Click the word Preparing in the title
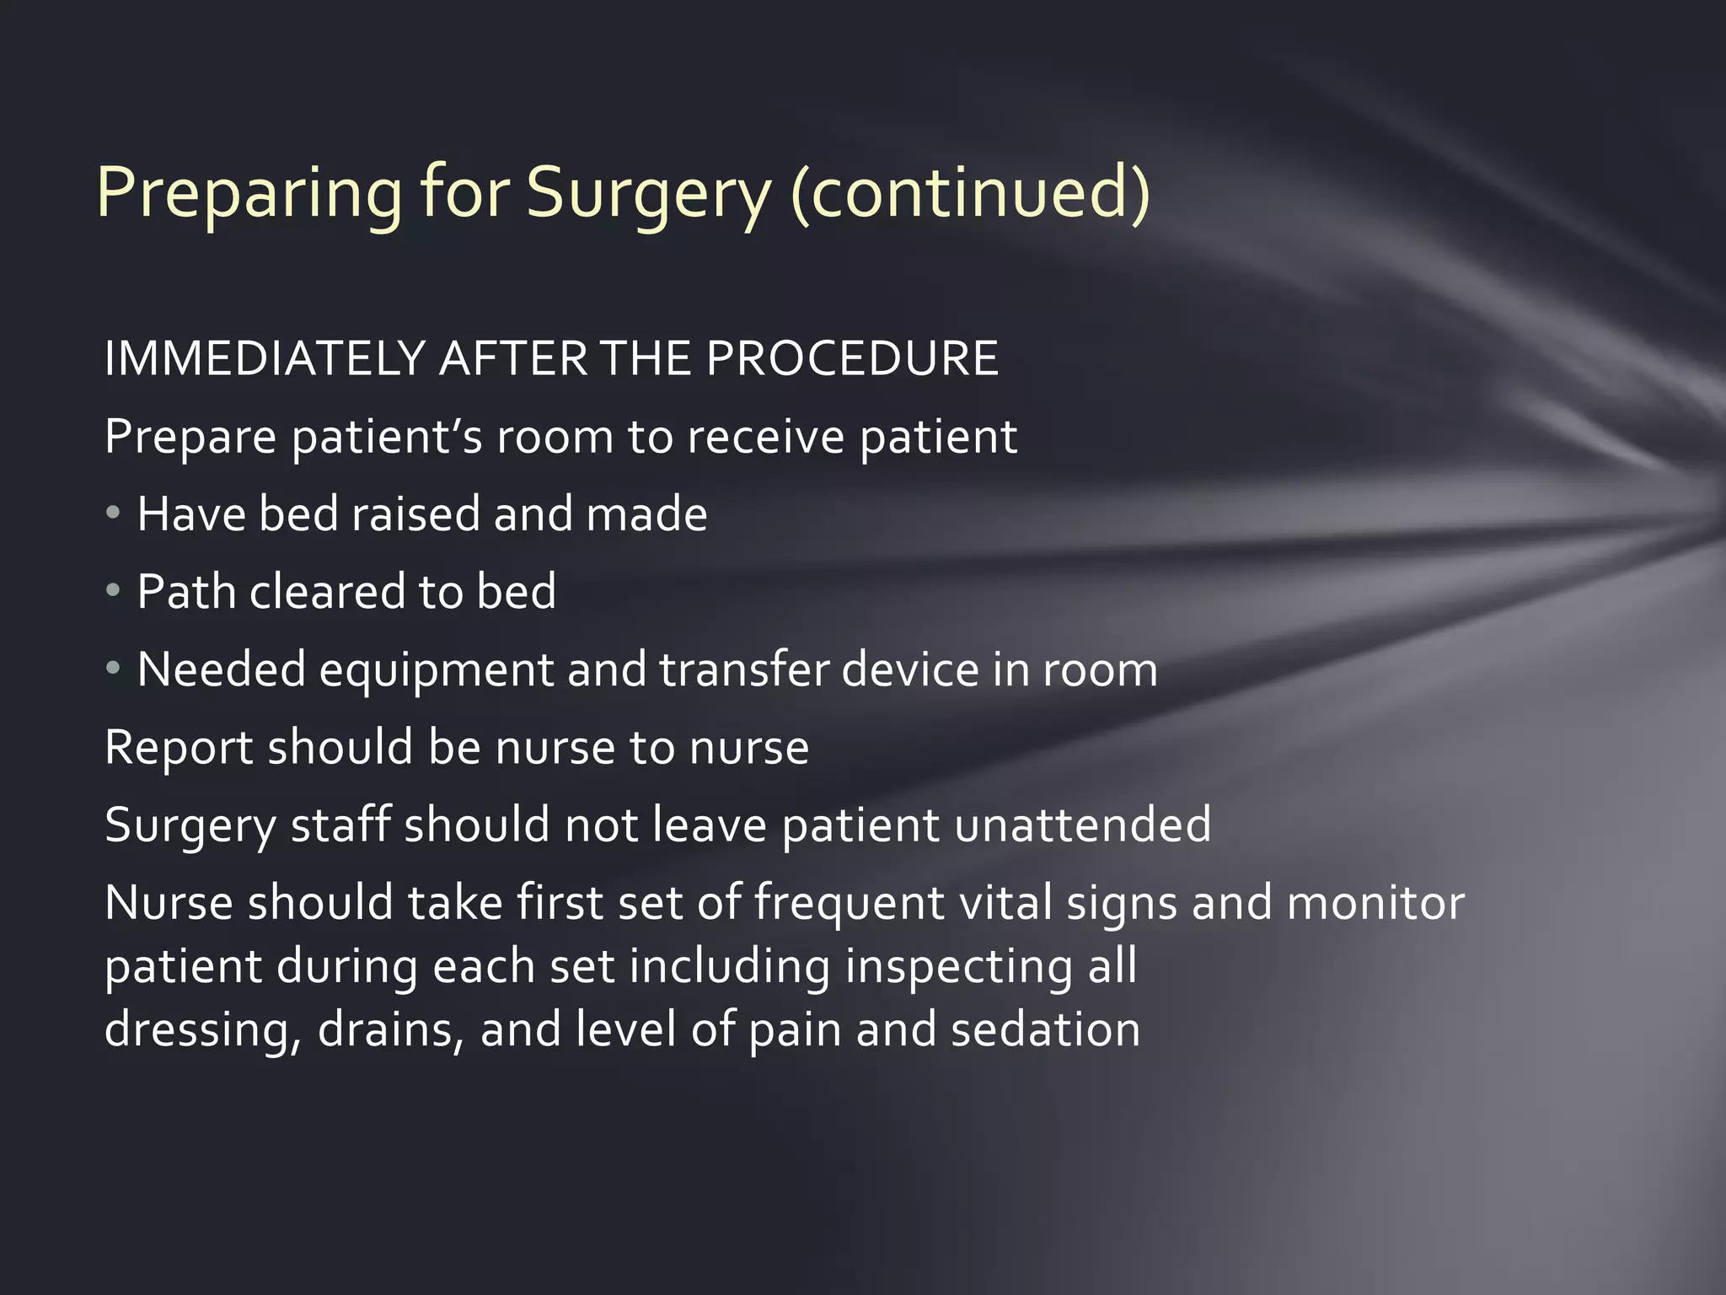tap(249, 194)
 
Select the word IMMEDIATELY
tap(264, 358)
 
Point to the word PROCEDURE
tap(852, 358)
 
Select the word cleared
tap(328, 591)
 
